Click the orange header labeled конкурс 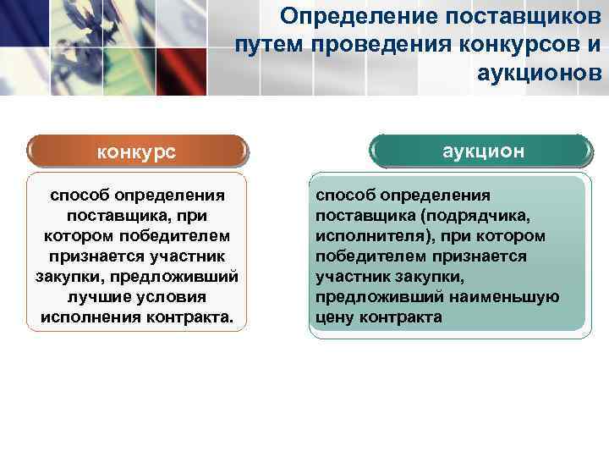point(136,152)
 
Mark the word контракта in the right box point(401,317)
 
